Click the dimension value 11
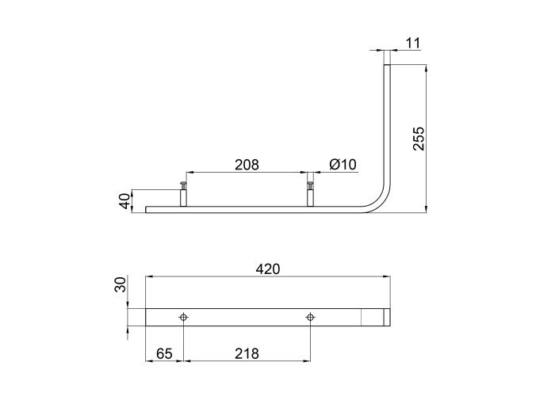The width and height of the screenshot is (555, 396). click(413, 43)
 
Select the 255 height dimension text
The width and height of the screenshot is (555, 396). click(419, 139)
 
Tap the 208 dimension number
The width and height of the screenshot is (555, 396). click(247, 165)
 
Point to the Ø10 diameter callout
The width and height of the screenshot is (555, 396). click(343, 165)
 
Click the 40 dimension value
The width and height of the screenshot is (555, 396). click(125, 201)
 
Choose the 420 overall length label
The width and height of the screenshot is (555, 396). click(268, 269)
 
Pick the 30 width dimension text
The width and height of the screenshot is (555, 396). click(121, 284)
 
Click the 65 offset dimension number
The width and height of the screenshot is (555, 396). click(164, 353)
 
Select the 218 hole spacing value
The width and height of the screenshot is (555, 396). click(247, 353)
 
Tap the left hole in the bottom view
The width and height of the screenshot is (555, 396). click(183, 317)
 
